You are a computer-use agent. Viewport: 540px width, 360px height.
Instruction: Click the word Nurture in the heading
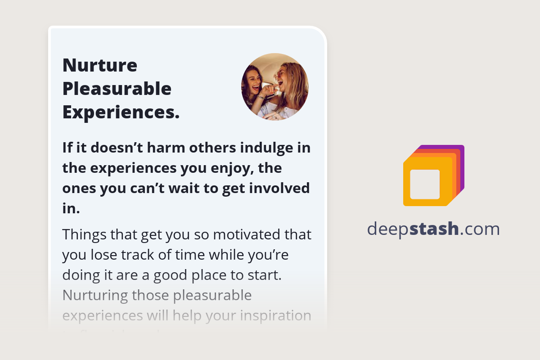click(100, 65)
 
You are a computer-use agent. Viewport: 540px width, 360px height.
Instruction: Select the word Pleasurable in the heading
click(117, 89)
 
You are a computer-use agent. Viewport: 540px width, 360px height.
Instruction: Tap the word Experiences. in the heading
click(121, 112)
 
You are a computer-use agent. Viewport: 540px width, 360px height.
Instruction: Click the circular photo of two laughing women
click(275, 87)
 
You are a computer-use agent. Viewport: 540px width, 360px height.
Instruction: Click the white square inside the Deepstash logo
click(425, 184)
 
